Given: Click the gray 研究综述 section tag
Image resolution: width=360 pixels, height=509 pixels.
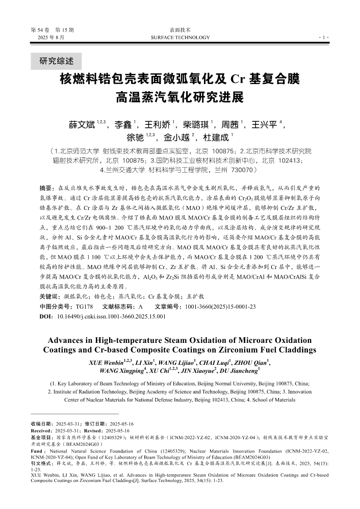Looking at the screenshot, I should [57, 62].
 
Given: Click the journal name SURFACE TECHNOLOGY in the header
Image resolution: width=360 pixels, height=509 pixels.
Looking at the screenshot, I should [181, 38].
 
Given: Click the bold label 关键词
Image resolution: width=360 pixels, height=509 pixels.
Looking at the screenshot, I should [48, 297].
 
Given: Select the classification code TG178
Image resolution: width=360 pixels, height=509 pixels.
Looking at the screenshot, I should [84, 306].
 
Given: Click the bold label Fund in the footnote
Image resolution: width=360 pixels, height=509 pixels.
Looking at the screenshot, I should [37, 451].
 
